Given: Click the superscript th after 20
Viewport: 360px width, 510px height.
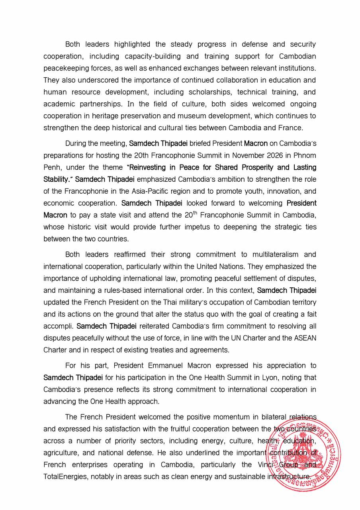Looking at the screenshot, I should click(195, 213).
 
